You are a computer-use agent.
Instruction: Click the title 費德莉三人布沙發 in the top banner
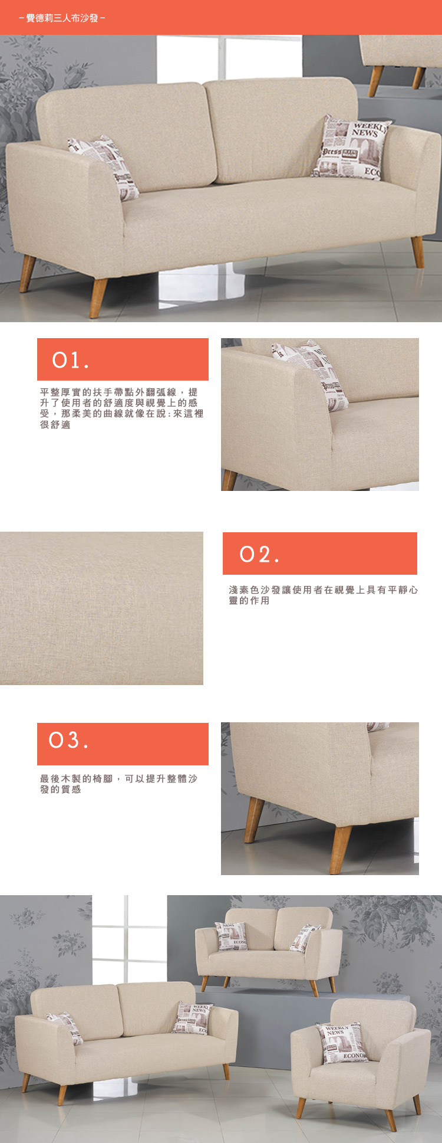point(62,18)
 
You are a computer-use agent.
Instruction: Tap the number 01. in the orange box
point(70,360)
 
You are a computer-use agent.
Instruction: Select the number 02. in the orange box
point(259,554)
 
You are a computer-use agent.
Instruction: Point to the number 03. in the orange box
point(68,740)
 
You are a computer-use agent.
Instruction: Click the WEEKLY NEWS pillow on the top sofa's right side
point(351,148)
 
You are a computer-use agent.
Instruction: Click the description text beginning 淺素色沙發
point(324,595)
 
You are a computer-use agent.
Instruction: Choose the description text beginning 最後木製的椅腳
point(118,784)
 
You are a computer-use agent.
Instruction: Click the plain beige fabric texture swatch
point(101,608)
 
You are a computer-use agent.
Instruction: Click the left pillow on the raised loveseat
point(231,936)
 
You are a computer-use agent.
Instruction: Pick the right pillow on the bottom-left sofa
point(192,1018)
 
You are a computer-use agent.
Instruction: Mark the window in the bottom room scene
point(129,939)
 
